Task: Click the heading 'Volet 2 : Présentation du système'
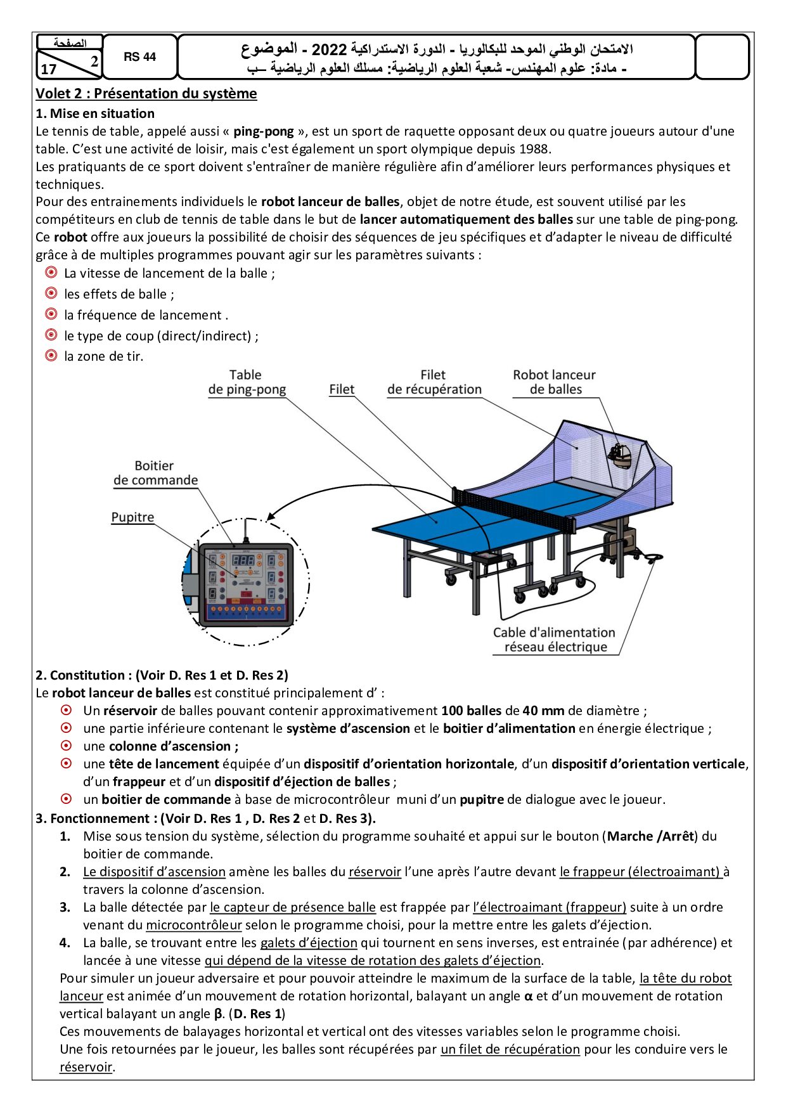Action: tap(146, 94)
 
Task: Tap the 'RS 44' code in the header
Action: tap(139, 57)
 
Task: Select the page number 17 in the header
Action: tap(49, 69)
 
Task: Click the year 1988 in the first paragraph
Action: tap(534, 149)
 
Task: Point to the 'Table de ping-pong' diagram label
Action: tap(247, 382)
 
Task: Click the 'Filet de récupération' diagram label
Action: tap(434, 382)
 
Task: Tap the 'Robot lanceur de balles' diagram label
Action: tap(555, 382)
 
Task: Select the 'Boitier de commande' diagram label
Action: tap(155, 473)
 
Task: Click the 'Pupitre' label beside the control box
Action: tap(132, 517)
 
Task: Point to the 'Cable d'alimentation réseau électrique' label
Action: tap(554, 640)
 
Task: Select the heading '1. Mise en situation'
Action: tap(95, 113)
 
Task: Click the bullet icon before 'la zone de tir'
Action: tap(51, 356)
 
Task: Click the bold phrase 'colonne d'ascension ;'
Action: tap(174, 746)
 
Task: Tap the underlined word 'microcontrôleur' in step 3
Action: tap(194, 925)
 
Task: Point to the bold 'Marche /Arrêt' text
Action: tap(650, 836)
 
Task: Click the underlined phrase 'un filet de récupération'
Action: tap(510, 1049)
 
